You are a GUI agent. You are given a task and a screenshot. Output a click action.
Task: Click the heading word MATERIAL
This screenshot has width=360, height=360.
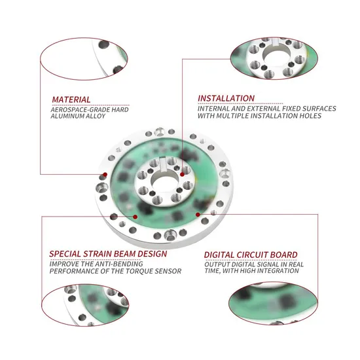[x=71, y=99]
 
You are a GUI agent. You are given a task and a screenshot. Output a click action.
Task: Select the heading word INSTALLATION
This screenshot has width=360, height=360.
[x=226, y=98]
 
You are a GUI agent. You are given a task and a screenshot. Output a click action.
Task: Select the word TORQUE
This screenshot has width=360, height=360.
[x=140, y=271]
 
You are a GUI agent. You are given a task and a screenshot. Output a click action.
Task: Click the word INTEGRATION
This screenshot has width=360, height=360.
[x=278, y=271]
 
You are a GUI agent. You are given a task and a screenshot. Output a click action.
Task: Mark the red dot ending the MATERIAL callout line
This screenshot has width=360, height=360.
[x=105, y=175]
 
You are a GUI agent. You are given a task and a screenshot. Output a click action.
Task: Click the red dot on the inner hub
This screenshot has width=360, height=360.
[x=182, y=175]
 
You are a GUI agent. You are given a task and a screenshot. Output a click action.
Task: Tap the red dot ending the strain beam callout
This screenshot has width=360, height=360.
[x=135, y=217]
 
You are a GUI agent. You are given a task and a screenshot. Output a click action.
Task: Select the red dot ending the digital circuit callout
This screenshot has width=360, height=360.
[x=198, y=215]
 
